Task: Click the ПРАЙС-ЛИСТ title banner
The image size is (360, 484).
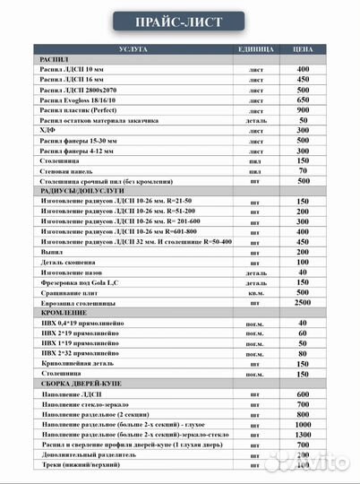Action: [x=179, y=20]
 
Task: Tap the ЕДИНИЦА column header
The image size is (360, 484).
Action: [x=255, y=48]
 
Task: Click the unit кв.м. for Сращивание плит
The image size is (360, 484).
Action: [x=255, y=293]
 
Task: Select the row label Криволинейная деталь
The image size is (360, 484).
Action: [x=81, y=364]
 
